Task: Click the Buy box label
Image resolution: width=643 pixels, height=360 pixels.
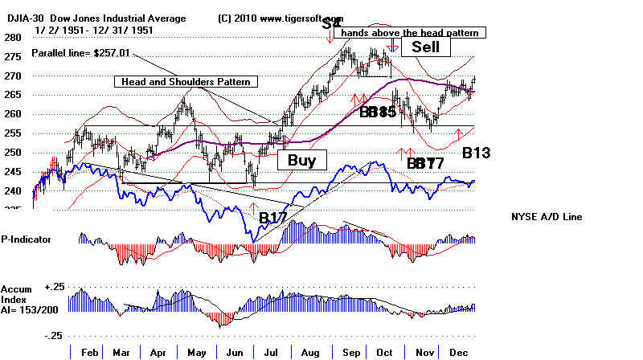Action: coord(301,160)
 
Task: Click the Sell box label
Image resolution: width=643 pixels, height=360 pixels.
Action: coord(426,47)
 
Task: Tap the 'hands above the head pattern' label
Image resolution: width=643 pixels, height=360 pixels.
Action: coord(414,33)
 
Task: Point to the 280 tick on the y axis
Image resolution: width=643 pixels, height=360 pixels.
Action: coord(11,38)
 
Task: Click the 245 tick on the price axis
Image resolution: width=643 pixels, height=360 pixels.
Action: coord(11,172)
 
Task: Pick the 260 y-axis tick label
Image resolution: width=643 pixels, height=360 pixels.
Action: coord(11,114)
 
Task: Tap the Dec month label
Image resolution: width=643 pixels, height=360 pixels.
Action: coord(458,351)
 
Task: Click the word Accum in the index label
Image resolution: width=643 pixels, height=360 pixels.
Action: coord(16,288)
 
